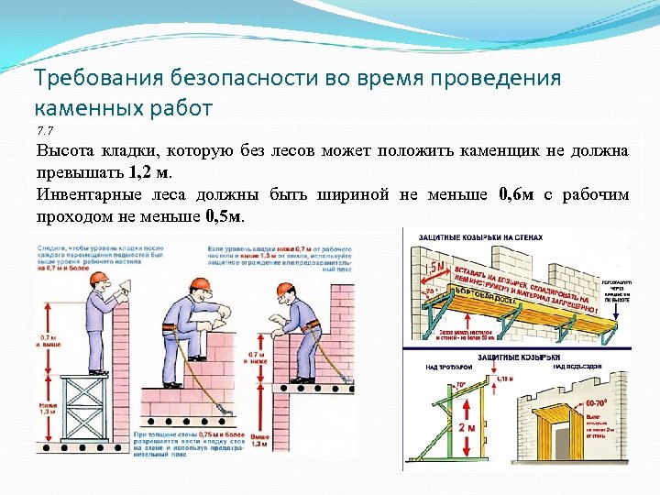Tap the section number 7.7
coord(46,129)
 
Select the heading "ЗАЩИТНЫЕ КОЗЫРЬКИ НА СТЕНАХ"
coord(480,237)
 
